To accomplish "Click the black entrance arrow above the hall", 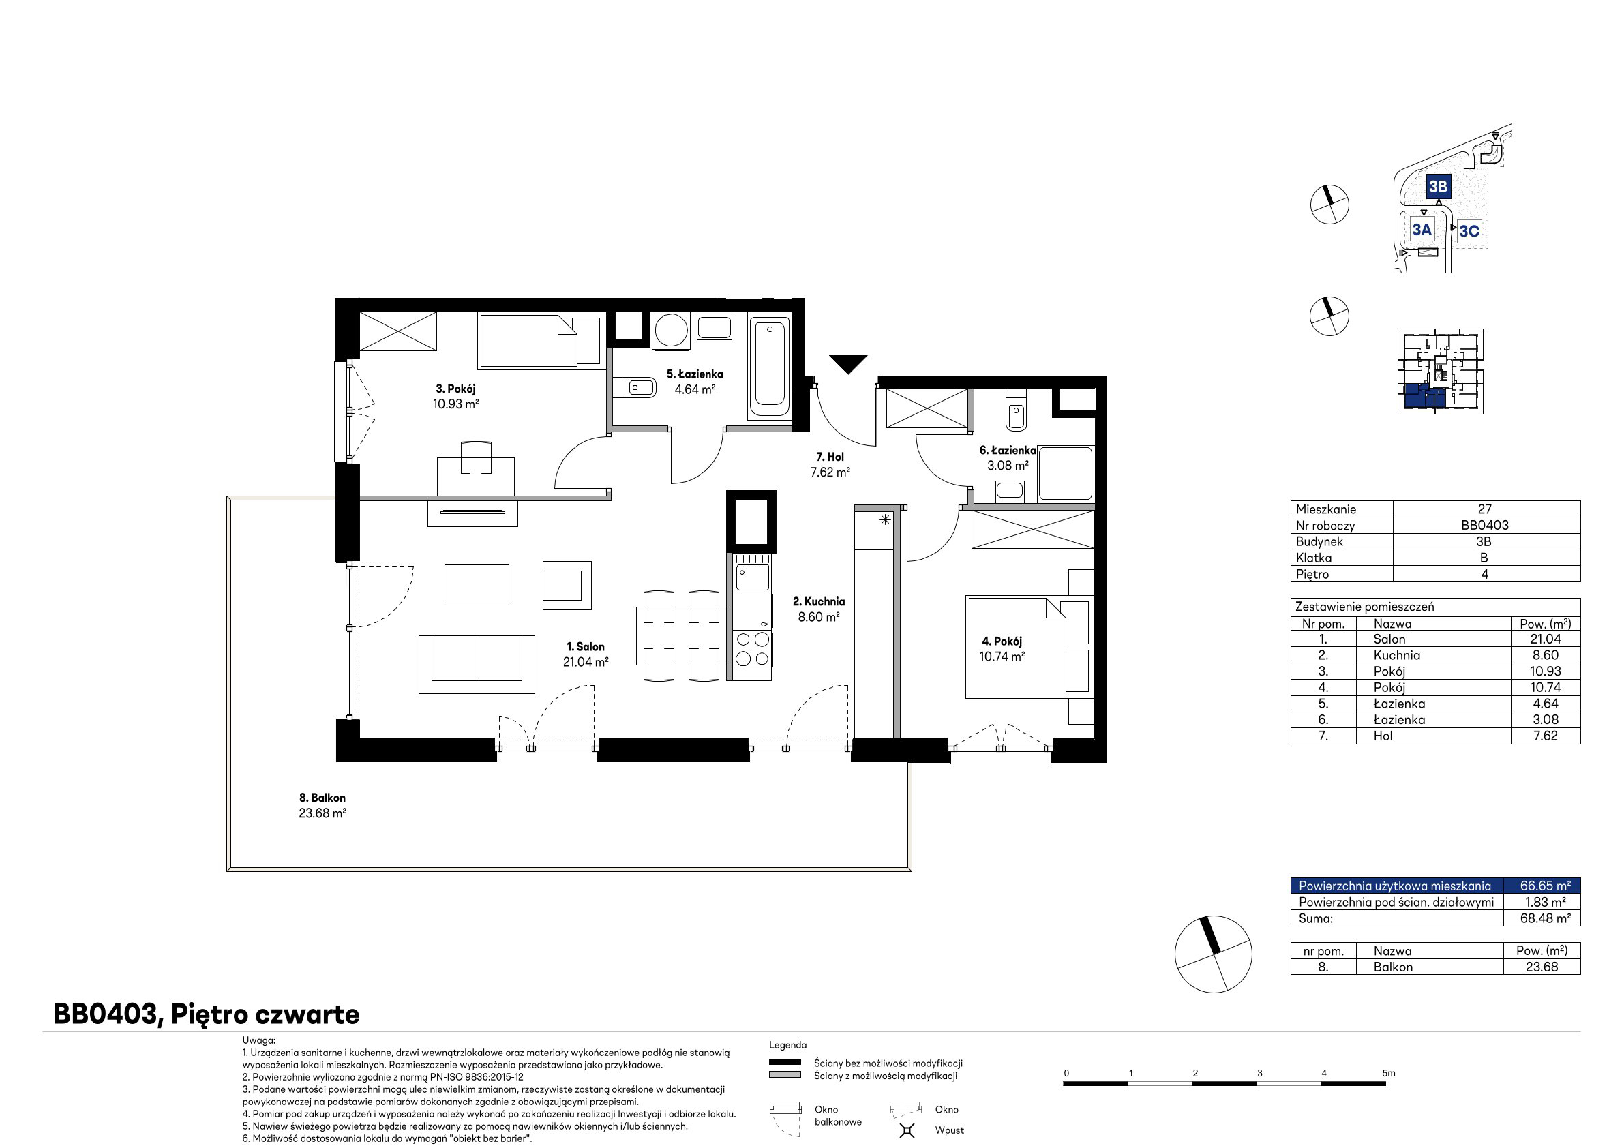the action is (x=848, y=363).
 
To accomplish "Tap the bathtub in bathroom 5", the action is (x=770, y=368).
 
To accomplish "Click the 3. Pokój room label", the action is (x=455, y=389).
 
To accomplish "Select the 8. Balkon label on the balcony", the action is (x=322, y=798).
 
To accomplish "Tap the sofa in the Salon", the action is (x=477, y=664).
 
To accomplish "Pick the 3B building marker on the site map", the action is (x=1437, y=187).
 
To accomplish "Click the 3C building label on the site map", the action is (x=1469, y=231).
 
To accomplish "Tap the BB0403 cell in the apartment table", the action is (x=1485, y=525).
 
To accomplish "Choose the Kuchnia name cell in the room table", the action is (x=1396, y=655).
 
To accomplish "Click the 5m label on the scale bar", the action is (x=1389, y=1073).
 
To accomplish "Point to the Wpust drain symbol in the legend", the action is (x=907, y=1130).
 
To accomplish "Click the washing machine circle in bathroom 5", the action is (x=672, y=330).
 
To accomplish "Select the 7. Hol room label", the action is (x=830, y=457).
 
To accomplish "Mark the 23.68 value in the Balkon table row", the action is (x=1542, y=967).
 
